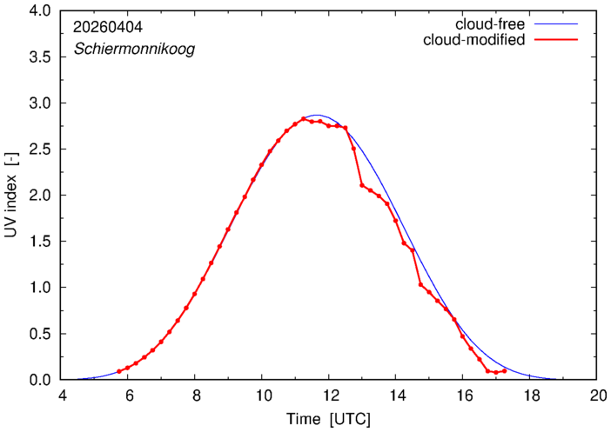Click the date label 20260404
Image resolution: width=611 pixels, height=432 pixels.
pyautogui.click(x=108, y=27)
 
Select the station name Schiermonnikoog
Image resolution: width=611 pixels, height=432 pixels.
pyautogui.click(x=134, y=50)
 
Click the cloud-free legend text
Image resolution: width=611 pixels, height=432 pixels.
pyautogui.click(x=490, y=24)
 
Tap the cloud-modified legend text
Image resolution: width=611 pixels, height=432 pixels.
pyautogui.click(x=473, y=40)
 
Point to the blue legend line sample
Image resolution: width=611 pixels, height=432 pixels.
pyautogui.click(x=556, y=24)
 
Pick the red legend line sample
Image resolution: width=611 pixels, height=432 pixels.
pyautogui.click(x=556, y=40)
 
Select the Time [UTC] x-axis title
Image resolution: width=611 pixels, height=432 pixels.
pyautogui.click(x=328, y=420)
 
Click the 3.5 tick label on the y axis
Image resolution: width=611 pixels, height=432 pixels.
pyautogui.click(x=40, y=57)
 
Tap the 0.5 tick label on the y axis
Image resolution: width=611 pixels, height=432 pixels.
pyautogui.click(x=40, y=334)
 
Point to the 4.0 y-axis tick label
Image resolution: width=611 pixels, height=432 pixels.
pyautogui.click(x=40, y=11)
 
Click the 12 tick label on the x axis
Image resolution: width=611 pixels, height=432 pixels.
pyautogui.click(x=329, y=396)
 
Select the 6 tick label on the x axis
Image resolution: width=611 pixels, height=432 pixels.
pyautogui.click(x=128, y=396)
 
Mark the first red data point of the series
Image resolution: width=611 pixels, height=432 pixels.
pyautogui.click(x=119, y=372)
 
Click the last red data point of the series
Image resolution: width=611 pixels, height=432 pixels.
pyautogui.click(x=505, y=371)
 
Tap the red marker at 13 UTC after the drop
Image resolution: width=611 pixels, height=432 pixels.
pyautogui.click(x=362, y=185)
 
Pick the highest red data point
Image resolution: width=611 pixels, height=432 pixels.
pyautogui.click(x=304, y=119)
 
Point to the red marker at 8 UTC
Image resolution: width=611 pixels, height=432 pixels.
pyautogui.click(x=194, y=294)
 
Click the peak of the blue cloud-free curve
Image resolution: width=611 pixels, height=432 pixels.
pyautogui.click(x=317, y=116)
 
